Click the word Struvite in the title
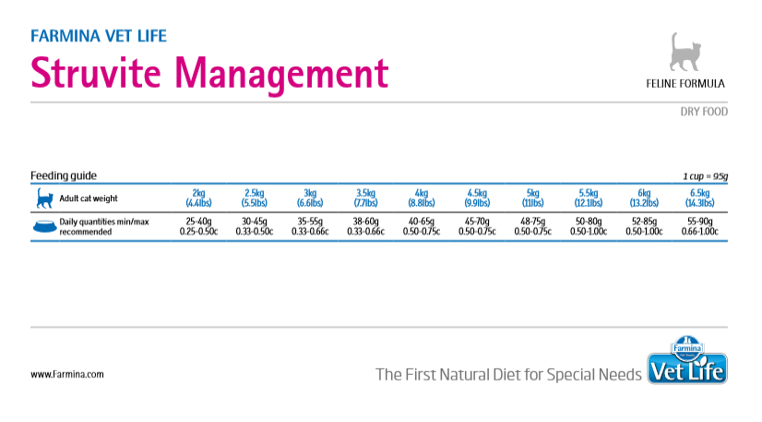coord(96,72)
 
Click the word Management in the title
coord(282,75)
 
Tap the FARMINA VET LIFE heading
coord(99,36)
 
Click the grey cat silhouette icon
coord(685,52)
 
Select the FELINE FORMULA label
coord(685,84)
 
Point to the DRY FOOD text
coord(704,112)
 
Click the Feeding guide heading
coord(64,175)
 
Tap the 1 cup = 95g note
coord(705,176)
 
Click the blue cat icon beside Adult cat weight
coord(44,199)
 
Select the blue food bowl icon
coord(44,226)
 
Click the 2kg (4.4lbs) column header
coord(198,198)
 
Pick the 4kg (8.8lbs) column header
coord(422,198)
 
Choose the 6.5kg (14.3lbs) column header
coord(700,198)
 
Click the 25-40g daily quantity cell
coord(198,222)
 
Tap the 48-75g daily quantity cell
coord(532,222)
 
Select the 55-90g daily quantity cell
coord(700,222)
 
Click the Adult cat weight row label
coord(89,199)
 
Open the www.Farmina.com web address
coord(67,374)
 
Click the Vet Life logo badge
coord(687,361)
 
